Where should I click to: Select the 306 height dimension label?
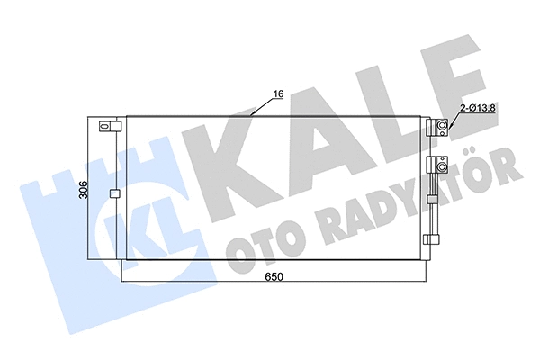tap(84, 191)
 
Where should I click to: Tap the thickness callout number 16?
tap(278, 93)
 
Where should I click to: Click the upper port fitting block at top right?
tap(441, 128)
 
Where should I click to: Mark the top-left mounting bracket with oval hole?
tap(108, 127)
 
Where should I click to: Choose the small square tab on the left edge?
tap(113, 193)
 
